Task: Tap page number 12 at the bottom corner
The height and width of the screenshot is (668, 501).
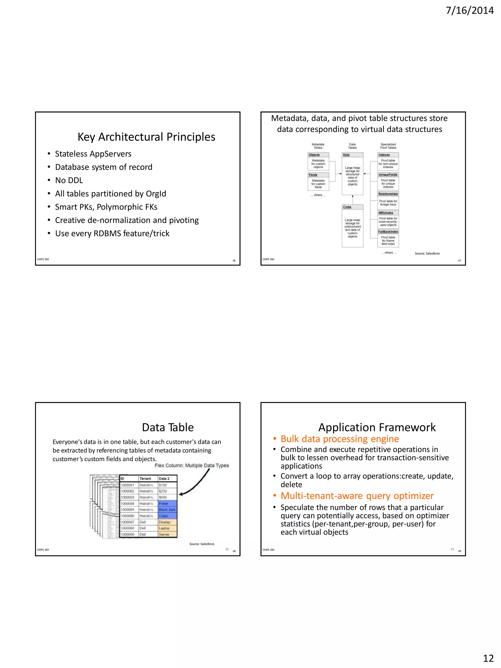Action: (x=488, y=658)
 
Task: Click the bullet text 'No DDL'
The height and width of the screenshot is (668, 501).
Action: (x=69, y=180)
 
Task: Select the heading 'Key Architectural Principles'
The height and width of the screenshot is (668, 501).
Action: (x=146, y=137)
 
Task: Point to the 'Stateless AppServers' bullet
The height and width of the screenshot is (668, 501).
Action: (x=93, y=154)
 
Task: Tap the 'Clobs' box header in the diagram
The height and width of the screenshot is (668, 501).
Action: (x=347, y=207)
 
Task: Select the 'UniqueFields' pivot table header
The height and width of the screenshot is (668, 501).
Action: (x=388, y=175)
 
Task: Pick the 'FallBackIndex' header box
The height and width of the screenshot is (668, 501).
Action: (x=388, y=232)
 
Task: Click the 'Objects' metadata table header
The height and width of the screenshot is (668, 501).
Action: (x=314, y=155)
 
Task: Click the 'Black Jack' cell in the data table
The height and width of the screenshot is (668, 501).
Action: (x=167, y=509)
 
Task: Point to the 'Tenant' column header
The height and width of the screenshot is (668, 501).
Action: (x=145, y=478)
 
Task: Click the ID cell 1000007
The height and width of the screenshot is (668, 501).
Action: (x=127, y=522)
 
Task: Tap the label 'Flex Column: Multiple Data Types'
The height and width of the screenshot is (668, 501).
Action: (x=192, y=465)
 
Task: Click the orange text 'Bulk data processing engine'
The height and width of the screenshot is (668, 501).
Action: (x=340, y=439)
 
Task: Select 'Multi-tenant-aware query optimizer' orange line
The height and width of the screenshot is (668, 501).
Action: (x=357, y=496)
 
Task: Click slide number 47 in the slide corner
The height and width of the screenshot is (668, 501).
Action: (x=459, y=260)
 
